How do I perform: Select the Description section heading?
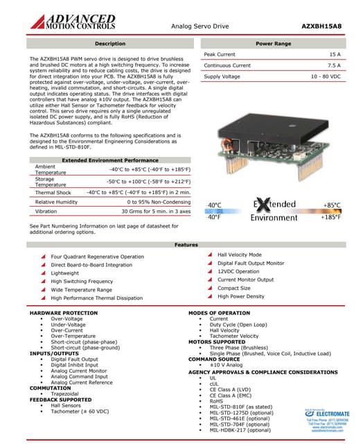109,44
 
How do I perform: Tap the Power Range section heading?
273,44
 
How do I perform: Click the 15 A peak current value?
335,53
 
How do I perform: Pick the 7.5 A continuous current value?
332,65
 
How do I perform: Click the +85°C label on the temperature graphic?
331,205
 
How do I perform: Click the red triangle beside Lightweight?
44,273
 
